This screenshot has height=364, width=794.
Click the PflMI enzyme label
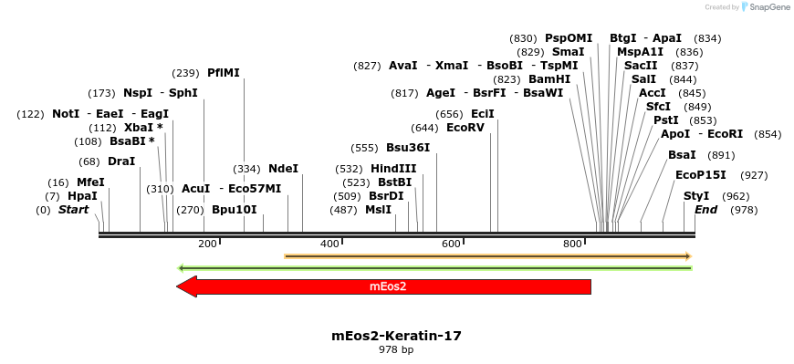point(224,73)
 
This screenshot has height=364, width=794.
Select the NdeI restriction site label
point(283,169)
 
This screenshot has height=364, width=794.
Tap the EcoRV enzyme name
point(465,128)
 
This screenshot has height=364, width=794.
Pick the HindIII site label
point(393,169)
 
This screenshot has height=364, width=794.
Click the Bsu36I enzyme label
point(408,148)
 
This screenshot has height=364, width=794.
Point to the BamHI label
point(549,79)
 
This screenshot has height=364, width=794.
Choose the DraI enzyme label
point(121,161)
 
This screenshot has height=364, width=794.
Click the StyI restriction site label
point(696,196)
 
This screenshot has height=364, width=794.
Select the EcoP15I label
point(701,175)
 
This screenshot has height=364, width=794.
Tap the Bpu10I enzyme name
point(235,210)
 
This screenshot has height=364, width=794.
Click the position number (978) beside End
point(744,210)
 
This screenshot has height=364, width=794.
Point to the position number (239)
point(185,73)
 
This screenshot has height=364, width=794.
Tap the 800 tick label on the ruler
point(572,244)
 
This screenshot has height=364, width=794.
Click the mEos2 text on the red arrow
point(388,286)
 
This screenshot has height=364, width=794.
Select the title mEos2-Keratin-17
point(396,336)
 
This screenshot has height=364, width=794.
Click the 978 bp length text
point(396,349)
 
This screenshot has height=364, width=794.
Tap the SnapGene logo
point(764,7)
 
